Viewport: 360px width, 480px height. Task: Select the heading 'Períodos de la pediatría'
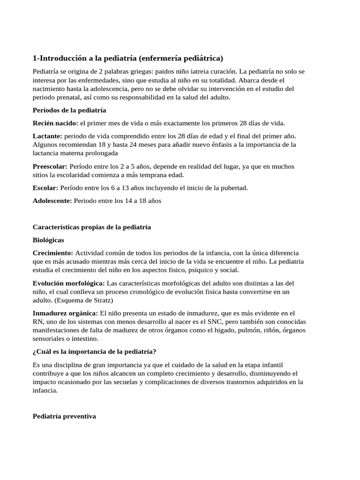pos(69,110)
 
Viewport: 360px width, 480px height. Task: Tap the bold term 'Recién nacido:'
pos(55,123)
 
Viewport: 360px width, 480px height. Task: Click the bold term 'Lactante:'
pos(47,136)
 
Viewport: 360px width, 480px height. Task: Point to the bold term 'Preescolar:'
pos(50,166)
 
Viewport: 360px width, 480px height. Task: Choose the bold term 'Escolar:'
pos(45,187)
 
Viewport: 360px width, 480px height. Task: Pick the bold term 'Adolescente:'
pos(52,200)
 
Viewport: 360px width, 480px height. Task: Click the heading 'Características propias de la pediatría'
pos(92,227)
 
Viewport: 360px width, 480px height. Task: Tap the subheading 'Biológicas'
pos(48,240)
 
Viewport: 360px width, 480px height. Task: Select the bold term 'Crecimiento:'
pos(53,253)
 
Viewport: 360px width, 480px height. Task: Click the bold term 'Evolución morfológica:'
pos(69,283)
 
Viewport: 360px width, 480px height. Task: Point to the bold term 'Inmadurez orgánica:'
pos(65,313)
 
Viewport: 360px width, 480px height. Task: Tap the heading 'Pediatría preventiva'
pos(64,403)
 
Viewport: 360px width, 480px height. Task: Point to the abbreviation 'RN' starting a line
pos(37,322)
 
